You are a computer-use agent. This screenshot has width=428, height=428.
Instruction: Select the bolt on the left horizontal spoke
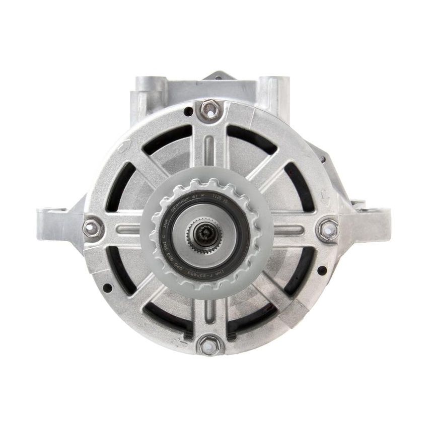[92, 229]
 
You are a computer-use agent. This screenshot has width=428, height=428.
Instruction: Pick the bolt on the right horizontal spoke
[327, 229]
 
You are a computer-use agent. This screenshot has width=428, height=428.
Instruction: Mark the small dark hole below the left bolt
[107, 288]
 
